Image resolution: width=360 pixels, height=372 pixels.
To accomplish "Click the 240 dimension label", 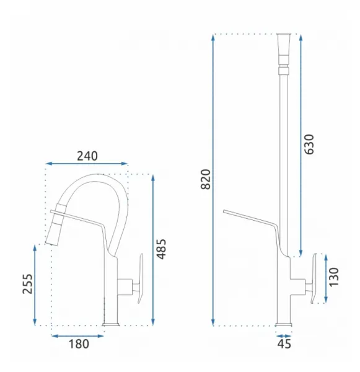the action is [87, 156].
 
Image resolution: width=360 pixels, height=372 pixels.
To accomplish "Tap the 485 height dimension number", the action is [162, 249].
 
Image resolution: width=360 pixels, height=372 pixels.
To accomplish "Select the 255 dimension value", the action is [27, 284].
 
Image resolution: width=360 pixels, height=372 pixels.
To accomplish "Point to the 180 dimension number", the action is [79, 343].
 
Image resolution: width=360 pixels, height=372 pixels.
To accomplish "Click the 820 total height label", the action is [206, 179].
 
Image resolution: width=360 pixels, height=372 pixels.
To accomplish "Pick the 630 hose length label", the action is [309, 144].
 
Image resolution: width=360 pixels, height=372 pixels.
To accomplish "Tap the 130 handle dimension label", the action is [334, 277].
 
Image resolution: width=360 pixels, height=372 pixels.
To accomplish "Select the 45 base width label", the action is [284, 343].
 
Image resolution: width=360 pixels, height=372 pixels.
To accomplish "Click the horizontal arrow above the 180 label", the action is [77, 335].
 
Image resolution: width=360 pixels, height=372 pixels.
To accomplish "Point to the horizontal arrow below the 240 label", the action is [87, 164].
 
